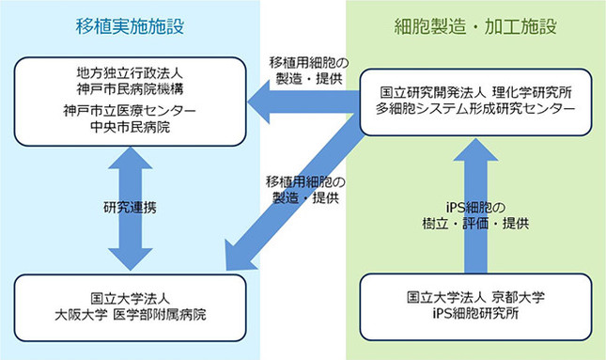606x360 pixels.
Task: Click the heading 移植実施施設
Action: pos(128,26)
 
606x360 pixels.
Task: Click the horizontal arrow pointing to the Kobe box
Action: pos(301,101)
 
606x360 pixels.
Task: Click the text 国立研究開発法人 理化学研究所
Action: pos(475,94)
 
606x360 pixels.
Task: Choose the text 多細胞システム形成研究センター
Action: pos(475,110)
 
